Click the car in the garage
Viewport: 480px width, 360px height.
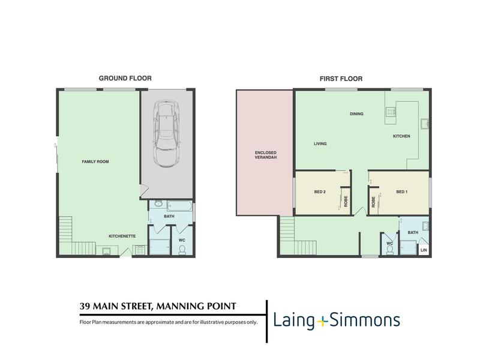pos(166,134)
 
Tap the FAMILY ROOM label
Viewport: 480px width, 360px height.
pos(95,161)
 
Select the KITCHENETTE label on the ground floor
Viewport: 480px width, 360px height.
pos(122,236)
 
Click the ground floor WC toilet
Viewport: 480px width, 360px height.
pos(182,250)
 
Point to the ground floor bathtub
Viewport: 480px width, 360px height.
pos(179,206)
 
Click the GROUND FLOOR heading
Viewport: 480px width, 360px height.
pos(125,79)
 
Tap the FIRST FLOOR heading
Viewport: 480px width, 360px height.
pos(341,79)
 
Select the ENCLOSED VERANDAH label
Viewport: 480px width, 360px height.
pos(266,155)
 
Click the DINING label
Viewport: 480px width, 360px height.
pos(356,114)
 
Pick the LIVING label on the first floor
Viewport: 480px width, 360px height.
pos(320,143)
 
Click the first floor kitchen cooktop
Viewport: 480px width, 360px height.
pos(391,112)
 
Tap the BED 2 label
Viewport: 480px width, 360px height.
pos(320,192)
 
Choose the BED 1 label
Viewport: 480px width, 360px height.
pos(401,192)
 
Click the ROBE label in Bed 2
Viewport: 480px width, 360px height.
pos(346,202)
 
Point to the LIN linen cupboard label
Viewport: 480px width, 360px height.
pos(424,250)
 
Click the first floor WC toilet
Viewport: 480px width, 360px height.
pos(389,250)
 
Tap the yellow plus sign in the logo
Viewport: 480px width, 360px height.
pos(322,322)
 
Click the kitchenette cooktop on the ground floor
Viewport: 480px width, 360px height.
pos(140,250)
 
